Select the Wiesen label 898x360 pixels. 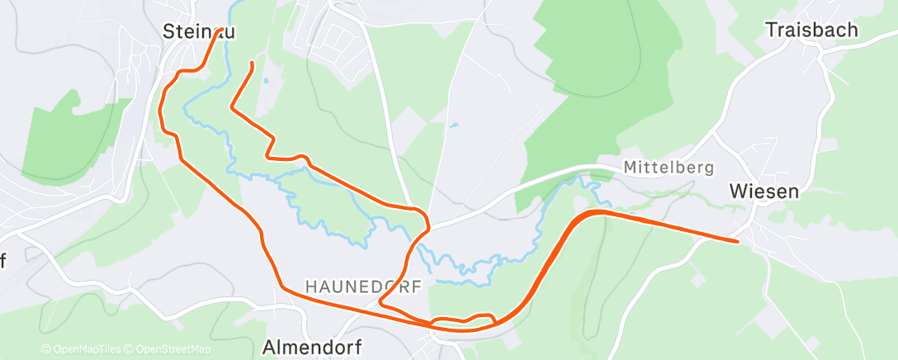(x=763, y=192)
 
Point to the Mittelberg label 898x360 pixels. (x=669, y=168)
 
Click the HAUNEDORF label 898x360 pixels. (x=363, y=287)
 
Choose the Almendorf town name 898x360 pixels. (x=312, y=347)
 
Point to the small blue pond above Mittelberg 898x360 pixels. (x=453, y=126)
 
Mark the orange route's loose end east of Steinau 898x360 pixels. (x=251, y=62)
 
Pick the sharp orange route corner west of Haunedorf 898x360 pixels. (x=380, y=303)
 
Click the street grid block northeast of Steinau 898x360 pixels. (x=338, y=37)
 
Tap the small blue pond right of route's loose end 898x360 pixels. (x=266, y=82)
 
